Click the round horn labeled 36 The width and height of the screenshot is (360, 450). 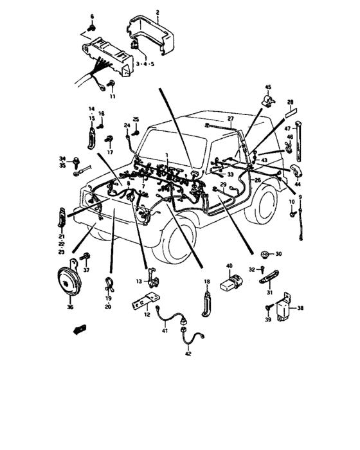click(66, 281)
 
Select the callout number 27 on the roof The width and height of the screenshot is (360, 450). click(230, 119)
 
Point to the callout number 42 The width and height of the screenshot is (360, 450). click(188, 354)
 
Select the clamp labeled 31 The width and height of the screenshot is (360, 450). click(266, 278)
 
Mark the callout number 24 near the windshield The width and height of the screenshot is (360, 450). click(127, 125)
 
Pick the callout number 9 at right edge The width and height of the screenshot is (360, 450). click(300, 196)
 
